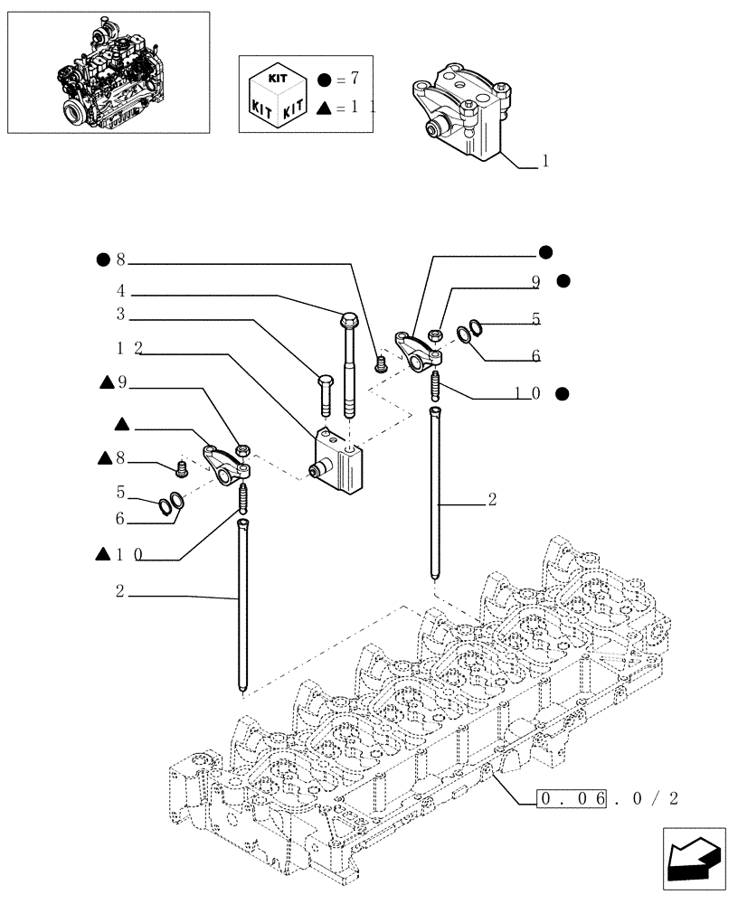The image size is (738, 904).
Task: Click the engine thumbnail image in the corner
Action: [108, 72]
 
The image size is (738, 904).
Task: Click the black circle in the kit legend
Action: [325, 80]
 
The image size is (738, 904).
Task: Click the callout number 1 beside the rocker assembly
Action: [545, 162]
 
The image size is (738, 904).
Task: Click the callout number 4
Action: [119, 291]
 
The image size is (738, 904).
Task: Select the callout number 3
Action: [119, 317]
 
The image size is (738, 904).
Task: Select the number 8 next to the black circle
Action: [121, 260]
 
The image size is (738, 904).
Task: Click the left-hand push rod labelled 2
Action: [243, 606]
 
